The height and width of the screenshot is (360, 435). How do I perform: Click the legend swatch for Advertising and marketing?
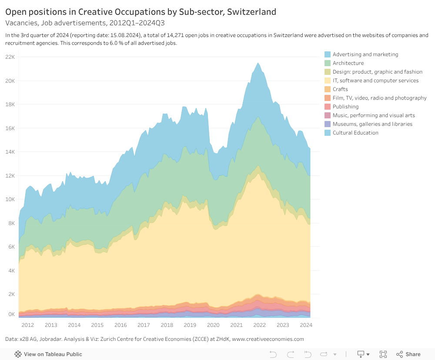pyautogui.click(x=328, y=54)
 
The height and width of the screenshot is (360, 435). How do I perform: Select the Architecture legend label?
pyautogui.click(x=348, y=63)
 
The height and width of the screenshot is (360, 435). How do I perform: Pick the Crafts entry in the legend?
pyautogui.click(x=340, y=89)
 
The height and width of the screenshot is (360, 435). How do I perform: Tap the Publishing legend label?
pyautogui.click(x=345, y=107)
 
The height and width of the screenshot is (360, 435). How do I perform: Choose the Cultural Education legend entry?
pyautogui.click(x=355, y=133)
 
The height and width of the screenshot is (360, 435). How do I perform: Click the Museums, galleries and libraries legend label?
pyautogui.click(x=372, y=124)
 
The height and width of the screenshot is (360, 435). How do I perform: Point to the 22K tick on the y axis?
pyautogui.click(x=10, y=57)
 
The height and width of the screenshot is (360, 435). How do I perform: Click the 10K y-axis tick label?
pyautogui.click(x=10, y=199)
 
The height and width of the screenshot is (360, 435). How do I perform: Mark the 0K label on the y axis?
pyautogui.click(x=11, y=314)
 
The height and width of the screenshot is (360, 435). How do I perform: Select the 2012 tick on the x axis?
pyautogui.click(x=28, y=325)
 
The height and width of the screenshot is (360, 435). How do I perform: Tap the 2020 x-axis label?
pyautogui.click(x=213, y=325)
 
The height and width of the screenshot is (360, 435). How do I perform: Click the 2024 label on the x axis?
pyautogui.click(x=306, y=325)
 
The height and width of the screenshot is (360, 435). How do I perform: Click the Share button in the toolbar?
pyautogui.click(x=408, y=354)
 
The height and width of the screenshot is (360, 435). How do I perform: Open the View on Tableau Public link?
pyautogui.click(x=48, y=354)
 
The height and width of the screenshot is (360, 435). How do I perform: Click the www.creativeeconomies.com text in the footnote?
pyautogui.click(x=268, y=339)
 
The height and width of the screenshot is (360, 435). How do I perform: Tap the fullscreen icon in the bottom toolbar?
pyautogui.click(x=383, y=354)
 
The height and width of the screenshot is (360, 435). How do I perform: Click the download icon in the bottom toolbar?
pyautogui.click(x=361, y=354)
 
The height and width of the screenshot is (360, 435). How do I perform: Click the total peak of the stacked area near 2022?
pyautogui.click(x=258, y=63)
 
